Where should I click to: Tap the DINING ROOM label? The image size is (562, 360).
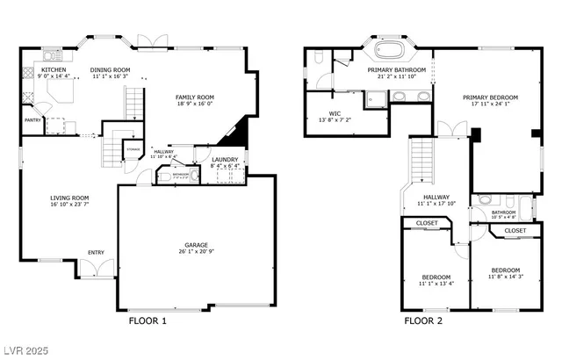pos(110,69)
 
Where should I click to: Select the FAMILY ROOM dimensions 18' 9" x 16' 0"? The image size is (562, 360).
pos(195,104)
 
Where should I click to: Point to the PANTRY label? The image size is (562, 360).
pos(33,120)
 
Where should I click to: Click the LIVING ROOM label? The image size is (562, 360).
pos(68,198)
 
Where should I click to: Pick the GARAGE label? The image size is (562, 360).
pos(195,245)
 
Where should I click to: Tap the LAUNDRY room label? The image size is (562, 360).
pos(225,160)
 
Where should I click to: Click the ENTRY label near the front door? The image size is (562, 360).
pos(96,253)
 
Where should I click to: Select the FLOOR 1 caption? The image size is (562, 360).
pos(148,321)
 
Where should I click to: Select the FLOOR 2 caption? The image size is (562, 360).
pos(422,321)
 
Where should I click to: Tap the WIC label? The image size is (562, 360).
pos(335,113)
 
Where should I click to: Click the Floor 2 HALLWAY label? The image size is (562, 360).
pos(436,198)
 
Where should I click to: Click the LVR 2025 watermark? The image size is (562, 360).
pos(28,350)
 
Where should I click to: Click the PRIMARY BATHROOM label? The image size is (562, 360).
pos(397,69)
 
